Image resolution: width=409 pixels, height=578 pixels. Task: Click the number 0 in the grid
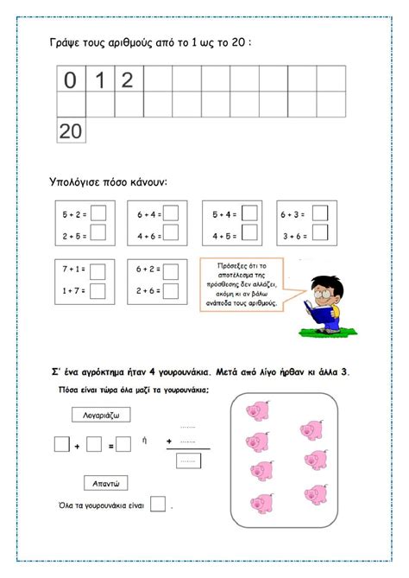coord(70,81)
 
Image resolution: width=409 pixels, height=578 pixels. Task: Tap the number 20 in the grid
coord(70,130)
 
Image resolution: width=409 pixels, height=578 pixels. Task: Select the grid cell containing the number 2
coord(127,81)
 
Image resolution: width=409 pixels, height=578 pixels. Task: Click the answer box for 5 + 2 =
coord(98,213)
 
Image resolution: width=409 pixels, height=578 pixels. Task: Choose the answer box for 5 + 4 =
coord(249,213)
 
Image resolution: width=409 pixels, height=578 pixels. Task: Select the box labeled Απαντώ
coord(105,482)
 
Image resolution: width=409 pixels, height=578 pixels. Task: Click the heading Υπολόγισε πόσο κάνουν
coord(109,182)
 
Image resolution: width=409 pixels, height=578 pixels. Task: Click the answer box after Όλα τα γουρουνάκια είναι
coord(158,505)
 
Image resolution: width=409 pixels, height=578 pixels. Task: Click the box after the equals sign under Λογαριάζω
coord(123,445)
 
